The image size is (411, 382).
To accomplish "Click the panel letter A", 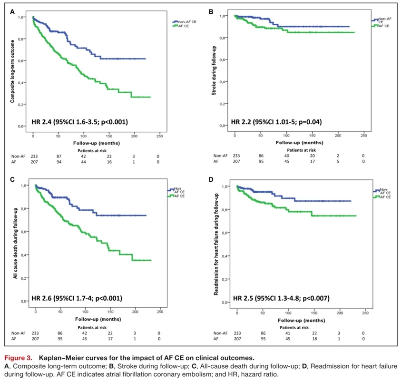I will click(13, 10).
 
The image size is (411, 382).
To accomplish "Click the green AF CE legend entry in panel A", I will click(183, 26).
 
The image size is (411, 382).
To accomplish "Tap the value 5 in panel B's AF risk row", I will click(338, 162).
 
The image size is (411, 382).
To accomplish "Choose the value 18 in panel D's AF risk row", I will click(313, 339).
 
